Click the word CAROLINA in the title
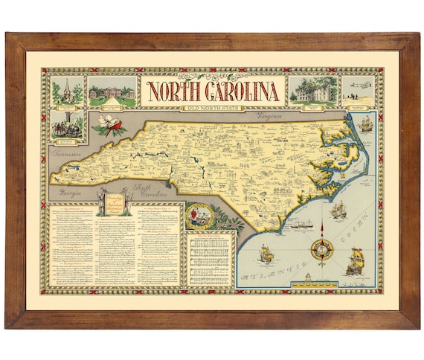click(240, 91)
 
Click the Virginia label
click(272, 117)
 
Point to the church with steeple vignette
click(66, 90)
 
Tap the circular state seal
click(199, 216)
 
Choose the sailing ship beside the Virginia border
click(364, 124)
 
